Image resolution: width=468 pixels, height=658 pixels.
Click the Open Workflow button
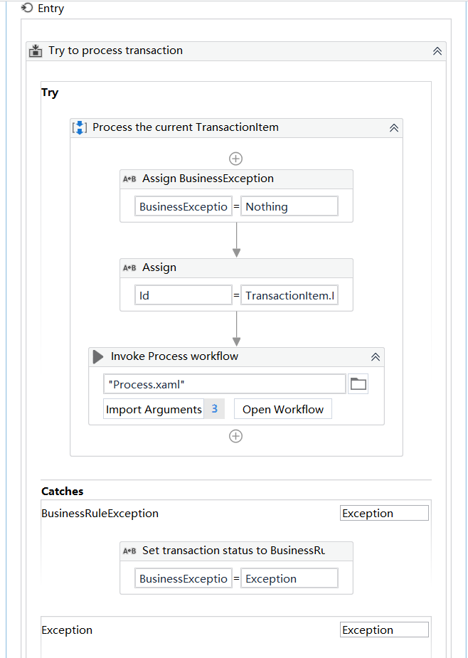pos(283,409)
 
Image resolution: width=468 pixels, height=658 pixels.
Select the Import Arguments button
pos(154,409)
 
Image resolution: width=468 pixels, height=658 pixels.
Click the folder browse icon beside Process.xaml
pos(358,383)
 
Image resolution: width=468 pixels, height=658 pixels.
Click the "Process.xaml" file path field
pos(225,383)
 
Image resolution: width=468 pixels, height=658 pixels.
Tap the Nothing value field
pos(289,206)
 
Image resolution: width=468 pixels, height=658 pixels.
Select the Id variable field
pos(184,295)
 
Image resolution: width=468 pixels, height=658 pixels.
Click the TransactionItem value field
pos(289,295)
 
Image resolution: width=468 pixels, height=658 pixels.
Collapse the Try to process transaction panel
pos(437,51)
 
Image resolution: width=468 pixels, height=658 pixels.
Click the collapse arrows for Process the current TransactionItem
pos(394,128)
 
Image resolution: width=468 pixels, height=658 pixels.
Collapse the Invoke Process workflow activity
pos(376,356)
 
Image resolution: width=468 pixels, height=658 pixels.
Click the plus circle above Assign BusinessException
pos(236,159)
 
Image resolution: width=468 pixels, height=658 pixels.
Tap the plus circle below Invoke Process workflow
pos(236,437)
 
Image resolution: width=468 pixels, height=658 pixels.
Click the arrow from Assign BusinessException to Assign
pos(237,240)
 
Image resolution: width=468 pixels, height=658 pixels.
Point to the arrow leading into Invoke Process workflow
pos(237,329)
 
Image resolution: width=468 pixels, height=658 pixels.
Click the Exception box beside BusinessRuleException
pos(385,513)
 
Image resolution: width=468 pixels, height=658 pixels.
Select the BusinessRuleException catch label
pos(100,513)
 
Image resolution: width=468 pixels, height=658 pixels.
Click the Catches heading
pos(62,491)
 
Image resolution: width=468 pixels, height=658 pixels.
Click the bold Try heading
pos(50,92)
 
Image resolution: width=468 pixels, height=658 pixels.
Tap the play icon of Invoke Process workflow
pos(98,356)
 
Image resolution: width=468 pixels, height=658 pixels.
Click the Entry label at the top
pos(50,9)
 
